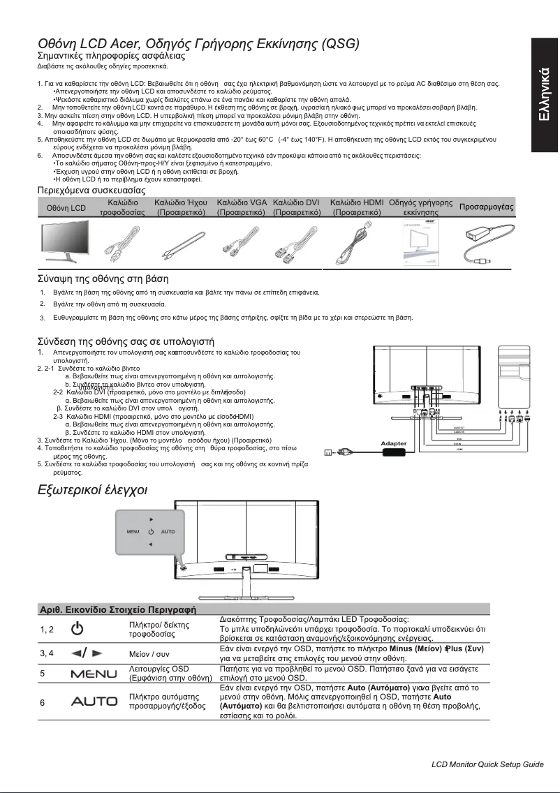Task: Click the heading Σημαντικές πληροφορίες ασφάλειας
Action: click(110, 54)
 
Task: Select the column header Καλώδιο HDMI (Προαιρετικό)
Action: click(357, 207)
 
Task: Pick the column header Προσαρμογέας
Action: click(487, 207)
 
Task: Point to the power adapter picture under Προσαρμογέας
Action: click(487, 244)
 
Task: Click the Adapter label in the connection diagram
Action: click(394, 443)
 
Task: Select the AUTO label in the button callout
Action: click(168, 532)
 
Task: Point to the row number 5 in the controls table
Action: click(43, 674)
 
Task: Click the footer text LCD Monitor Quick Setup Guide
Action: click(487, 765)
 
